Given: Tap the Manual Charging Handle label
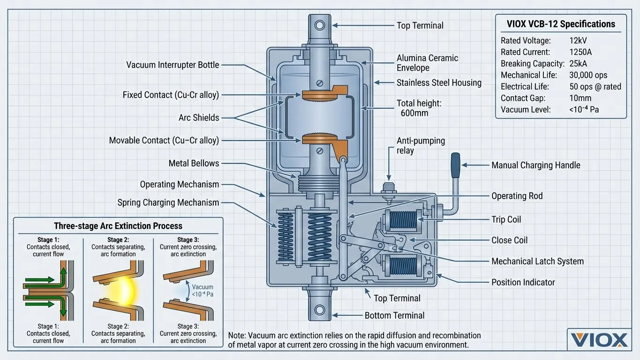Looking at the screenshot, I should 535,165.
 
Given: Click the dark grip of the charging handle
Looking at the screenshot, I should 454,165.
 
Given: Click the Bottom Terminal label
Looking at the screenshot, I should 394,315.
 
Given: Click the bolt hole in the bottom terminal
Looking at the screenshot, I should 320,310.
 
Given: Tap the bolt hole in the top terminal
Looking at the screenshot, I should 320,25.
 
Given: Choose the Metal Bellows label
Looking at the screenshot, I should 194,163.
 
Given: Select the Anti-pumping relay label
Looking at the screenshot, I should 421,145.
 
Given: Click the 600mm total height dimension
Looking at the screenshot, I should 414,113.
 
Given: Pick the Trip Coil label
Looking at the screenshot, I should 506,219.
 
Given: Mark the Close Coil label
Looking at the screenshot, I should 509,240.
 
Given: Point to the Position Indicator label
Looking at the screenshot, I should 523,282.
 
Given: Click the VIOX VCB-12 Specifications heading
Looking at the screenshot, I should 561,24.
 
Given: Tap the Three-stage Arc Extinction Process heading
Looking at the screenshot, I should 118,226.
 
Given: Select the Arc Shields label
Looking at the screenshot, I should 198,118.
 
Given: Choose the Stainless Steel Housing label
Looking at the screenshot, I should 439,82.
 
